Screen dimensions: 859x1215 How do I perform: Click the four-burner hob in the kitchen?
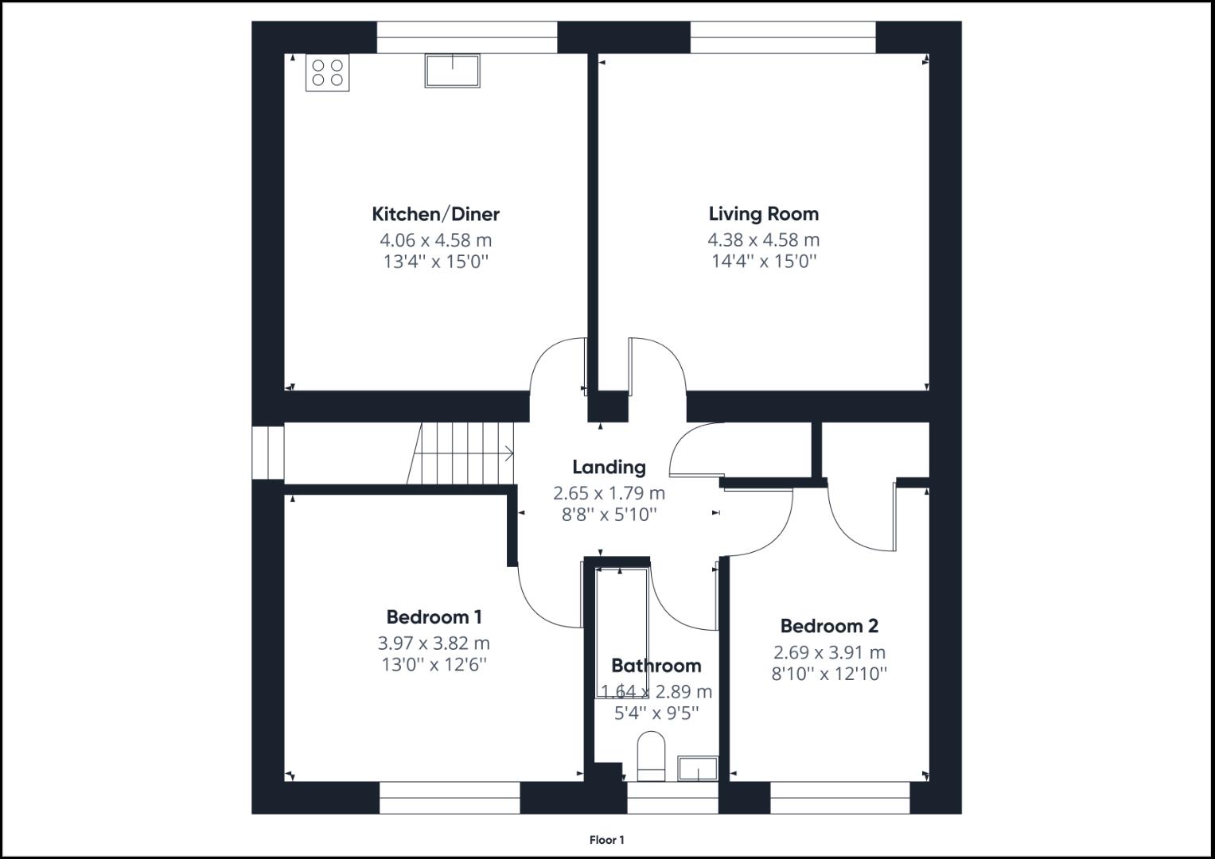tap(328, 72)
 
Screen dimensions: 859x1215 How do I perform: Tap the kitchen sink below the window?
tap(452, 70)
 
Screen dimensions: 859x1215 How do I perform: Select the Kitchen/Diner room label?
tap(435, 214)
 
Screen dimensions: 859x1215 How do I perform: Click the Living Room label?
tap(763, 214)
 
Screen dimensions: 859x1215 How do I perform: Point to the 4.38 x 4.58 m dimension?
tap(763, 239)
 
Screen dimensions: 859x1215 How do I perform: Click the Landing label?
tap(609, 467)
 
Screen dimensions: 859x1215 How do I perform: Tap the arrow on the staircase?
tap(506, 454)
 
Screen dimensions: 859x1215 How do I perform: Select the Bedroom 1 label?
tap(434, 617)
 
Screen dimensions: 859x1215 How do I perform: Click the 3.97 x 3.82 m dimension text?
tap(434, 643)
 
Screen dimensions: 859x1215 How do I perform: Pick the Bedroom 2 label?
tap(829, 627)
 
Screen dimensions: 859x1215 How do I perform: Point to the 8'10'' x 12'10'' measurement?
tap(829, 674)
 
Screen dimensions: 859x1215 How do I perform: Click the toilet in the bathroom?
tap(651, 756)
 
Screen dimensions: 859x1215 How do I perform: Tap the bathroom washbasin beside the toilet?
tap(698, 768)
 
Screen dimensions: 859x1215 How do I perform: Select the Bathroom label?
tap(656, 666)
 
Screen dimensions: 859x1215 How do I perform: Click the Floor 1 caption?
tap(607, 840)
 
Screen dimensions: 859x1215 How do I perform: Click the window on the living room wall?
tap(782, 37)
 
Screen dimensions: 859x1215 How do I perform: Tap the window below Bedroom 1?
tap(450, 798)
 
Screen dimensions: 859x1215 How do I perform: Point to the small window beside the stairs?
tap(268, 453)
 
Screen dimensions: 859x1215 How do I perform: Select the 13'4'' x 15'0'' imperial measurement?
tap(435, 261)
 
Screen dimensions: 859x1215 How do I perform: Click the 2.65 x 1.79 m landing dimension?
tap(609, 493)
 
